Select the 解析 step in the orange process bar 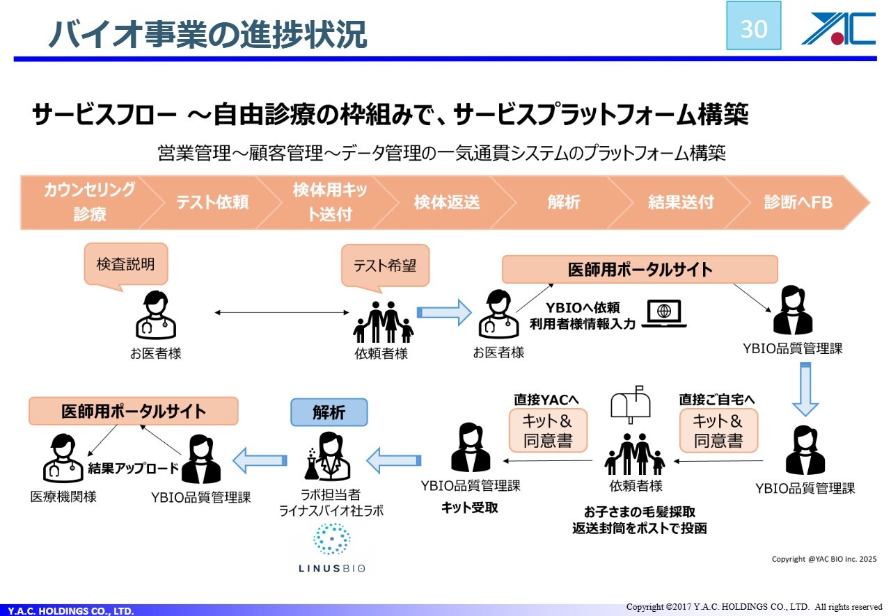(x=564, y=202)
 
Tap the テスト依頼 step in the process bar (x=212, y=202)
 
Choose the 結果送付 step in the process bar (x=680, y=202)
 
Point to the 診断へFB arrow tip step (x=801, y=202)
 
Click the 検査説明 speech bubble (x=125, y=264)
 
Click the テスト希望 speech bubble (x=384, y=266)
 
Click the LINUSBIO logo (x=331, y=549)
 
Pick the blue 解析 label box (x=329, y=412)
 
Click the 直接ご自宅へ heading (x=717, y=400)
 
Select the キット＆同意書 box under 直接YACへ (x=547, y=430)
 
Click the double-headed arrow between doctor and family (x=281, y=314)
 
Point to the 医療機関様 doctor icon (x=62, y=458)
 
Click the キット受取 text (x=470, y=508)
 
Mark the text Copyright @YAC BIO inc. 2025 (x=823, y=559)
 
